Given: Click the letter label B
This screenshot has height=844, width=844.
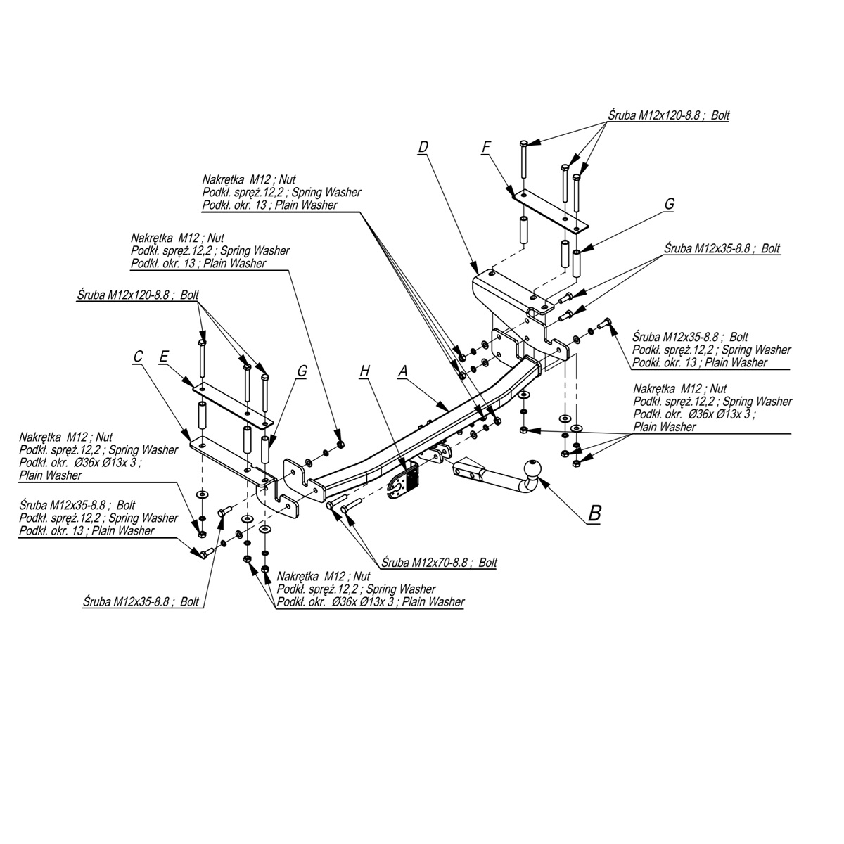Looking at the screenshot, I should (594, 513).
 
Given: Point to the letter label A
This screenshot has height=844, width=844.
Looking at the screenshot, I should (403, 371).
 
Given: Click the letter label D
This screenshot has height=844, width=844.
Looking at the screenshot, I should (423, 146).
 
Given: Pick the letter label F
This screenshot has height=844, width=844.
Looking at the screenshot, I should (486, 146).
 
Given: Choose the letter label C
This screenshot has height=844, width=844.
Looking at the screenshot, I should (138, 357).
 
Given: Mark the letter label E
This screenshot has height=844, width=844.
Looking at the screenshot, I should (163, 357).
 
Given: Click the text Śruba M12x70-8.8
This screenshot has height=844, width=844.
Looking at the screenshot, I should (426, 563).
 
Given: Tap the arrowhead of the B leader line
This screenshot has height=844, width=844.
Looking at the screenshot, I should (544, 482).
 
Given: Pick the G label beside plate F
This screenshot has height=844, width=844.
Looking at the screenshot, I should (669, 204).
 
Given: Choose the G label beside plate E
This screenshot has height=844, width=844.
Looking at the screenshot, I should (302, 371).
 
